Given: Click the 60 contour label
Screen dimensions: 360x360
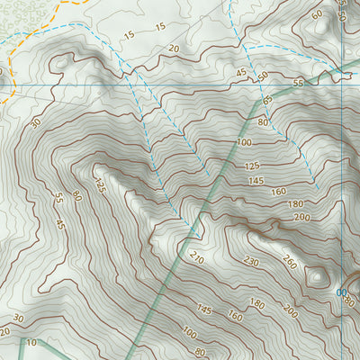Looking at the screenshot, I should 317,14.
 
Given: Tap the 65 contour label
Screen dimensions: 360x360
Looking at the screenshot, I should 267,100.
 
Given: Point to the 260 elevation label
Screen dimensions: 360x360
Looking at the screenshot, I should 289,263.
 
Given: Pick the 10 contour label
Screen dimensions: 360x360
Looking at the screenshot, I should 32,342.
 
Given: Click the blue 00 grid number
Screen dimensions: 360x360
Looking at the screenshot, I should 341,293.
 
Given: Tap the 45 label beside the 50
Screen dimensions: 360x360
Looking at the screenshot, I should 241,72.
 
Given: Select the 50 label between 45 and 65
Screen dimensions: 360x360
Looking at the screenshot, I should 263,76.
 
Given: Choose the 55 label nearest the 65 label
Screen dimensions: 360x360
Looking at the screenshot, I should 298,83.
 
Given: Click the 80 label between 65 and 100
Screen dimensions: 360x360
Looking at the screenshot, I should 263,121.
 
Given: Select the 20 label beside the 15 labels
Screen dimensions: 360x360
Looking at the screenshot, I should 174,48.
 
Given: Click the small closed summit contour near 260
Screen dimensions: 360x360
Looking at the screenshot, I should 317,276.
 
